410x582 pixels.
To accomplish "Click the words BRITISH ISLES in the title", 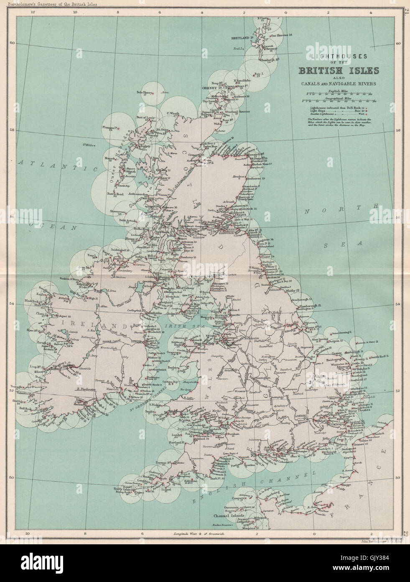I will pyautogui.click(x=339, y=70).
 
